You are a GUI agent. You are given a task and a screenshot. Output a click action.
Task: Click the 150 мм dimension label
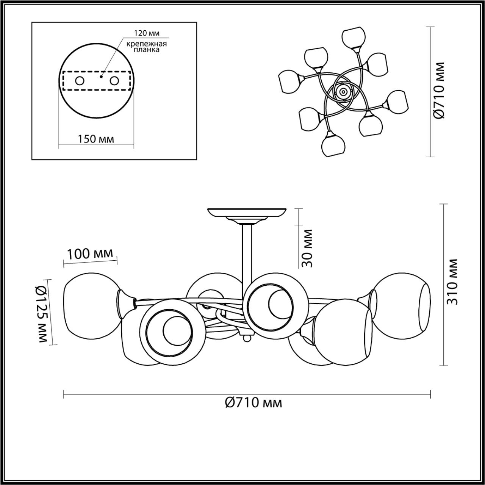[96, 139]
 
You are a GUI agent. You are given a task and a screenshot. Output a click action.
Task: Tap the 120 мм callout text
[147, 33]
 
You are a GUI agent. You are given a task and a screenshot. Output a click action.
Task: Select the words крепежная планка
[147, 47]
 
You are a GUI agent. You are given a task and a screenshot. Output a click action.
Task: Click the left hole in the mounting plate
[80, 81]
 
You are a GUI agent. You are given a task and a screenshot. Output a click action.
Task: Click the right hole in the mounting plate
[114, 81]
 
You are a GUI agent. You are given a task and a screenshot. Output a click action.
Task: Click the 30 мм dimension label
[308, 248]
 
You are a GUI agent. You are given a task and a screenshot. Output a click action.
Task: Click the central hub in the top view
[343, 91]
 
